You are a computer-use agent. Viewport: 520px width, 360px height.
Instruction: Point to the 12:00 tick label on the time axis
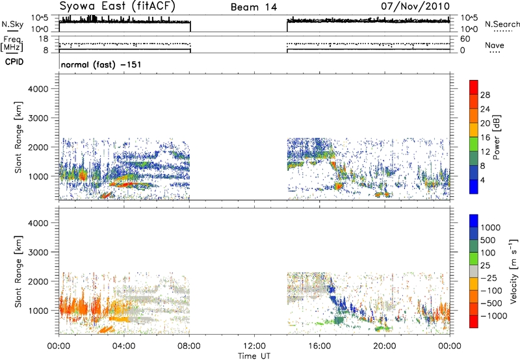pos(254,344)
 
